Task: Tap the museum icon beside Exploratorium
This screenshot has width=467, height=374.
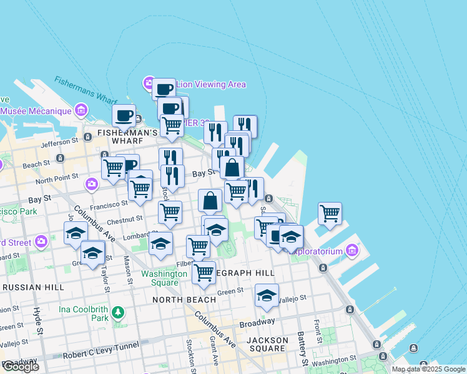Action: (x=352, y=251)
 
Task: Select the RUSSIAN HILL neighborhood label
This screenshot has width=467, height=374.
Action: (x=32, y=287)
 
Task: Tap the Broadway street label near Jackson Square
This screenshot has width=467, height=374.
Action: (x=257, y=323)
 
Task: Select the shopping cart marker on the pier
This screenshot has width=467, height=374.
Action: (x=330, y=213)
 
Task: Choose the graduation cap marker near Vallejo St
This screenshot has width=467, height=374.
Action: (x=267, y=295)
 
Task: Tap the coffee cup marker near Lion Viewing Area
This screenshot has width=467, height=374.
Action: (x=164, y=89)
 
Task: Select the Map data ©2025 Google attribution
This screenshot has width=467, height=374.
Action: (x=428, y=369)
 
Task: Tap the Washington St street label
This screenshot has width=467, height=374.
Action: (x=334, y=360)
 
